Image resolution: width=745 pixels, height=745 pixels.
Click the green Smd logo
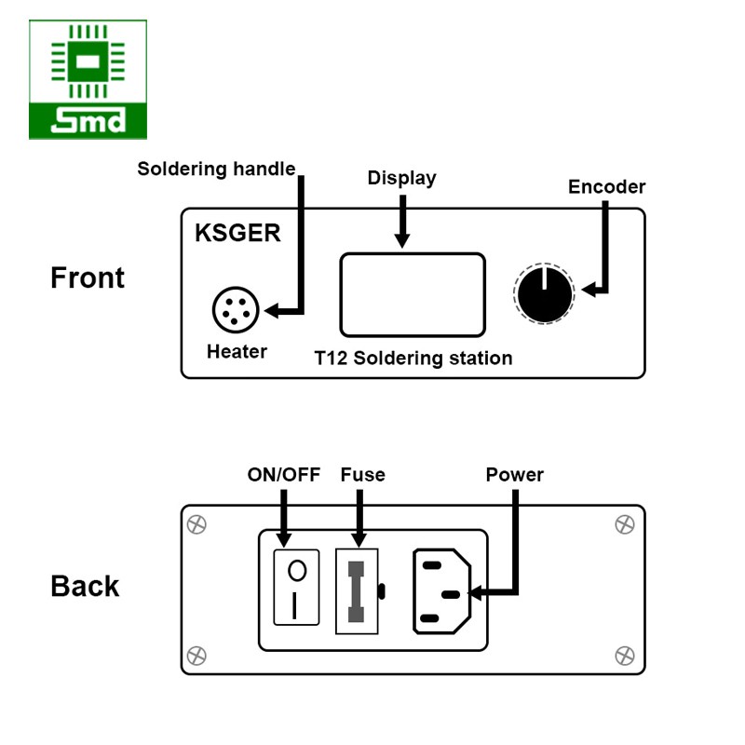[88, 80]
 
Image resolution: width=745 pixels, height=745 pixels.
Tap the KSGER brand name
[237, 233]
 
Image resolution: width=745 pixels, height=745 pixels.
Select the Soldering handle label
[216, 169]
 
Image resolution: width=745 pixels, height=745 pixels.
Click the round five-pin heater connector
[237, 309]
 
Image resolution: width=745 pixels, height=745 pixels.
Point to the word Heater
[237, 352]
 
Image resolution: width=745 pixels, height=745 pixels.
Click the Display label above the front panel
[401, 178]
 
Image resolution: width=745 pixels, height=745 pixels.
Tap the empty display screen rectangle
[412, 294]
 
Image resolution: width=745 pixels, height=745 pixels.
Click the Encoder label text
[606, 187]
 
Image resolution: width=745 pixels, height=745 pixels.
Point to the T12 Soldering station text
[413, 358]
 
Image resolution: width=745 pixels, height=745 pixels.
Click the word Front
[88, 278]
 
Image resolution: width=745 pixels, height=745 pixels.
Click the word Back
[85, 586]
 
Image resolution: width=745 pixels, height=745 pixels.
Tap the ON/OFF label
[283, 475]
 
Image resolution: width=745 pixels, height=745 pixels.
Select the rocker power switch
[296, 588]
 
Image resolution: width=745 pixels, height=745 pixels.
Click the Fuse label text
[362, 475]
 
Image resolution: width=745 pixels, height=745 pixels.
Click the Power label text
[514, 475]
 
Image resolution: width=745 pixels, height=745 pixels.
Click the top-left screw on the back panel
[196, 524]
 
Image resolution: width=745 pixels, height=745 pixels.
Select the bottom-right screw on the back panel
[625, 656]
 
